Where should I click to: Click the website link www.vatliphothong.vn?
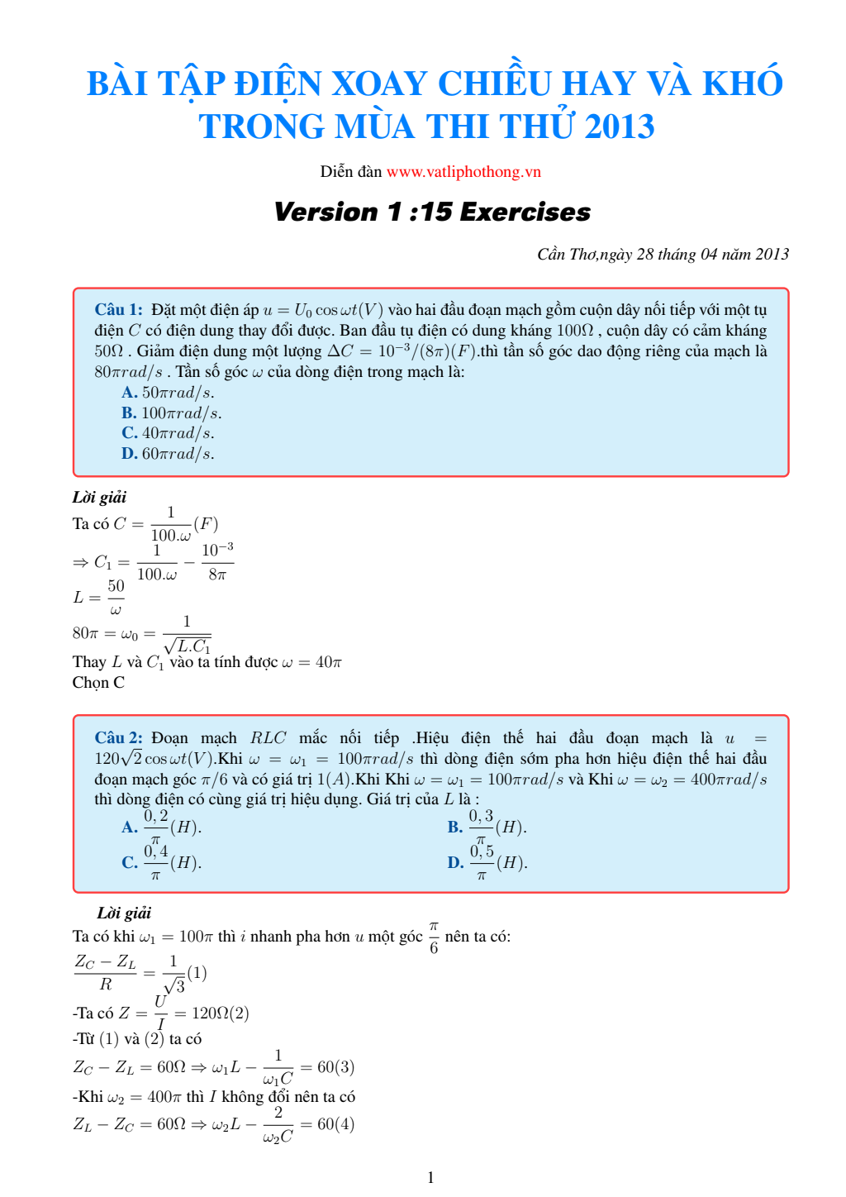(463, 172)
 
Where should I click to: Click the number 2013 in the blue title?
(619, 126)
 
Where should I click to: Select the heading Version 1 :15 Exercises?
(432, 212)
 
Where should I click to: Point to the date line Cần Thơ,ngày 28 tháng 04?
(663, 254)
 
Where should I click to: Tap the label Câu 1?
(118, 310)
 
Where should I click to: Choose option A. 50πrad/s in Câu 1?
(168, 393)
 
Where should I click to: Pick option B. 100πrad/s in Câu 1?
(171, 413)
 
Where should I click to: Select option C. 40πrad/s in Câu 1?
(168, 433)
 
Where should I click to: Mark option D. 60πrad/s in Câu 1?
(168, 454)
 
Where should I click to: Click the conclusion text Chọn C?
(98, 683)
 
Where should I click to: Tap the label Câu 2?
(118, 738)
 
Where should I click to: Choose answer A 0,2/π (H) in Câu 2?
(162, 827)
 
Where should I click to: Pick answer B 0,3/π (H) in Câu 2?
(487, 827)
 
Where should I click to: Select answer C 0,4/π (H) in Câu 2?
(162, 863)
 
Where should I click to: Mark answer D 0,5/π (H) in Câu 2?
(487, 863)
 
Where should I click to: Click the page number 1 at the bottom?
(430, 1178)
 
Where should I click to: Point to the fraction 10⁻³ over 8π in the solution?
(217, 562)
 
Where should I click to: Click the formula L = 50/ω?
(99, 597)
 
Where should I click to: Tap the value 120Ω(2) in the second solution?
(220, 1013)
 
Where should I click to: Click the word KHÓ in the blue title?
(742, 83)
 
